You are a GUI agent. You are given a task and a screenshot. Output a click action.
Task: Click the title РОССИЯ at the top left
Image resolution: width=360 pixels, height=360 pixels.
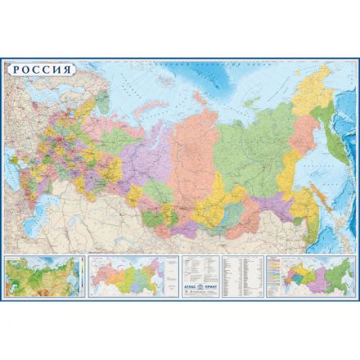(x=41, y=69)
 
